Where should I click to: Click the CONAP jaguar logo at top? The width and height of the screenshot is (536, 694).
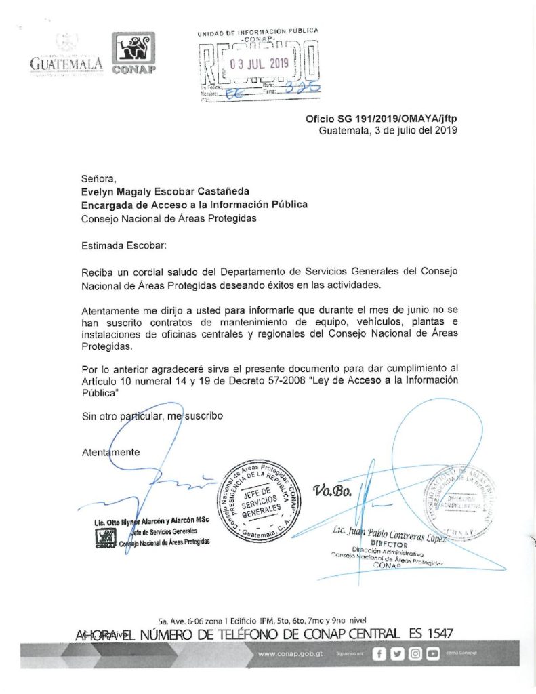tap(133, 54)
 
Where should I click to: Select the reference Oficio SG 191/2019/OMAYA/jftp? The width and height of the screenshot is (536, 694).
tap(382, 118)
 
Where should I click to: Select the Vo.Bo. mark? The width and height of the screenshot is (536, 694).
tap(333, 491)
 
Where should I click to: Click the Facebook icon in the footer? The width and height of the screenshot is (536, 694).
tap(380, 653)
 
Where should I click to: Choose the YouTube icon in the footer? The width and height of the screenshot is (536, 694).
tap(432, 653)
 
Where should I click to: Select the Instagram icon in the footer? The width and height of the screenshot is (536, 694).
tap(415, 653)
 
